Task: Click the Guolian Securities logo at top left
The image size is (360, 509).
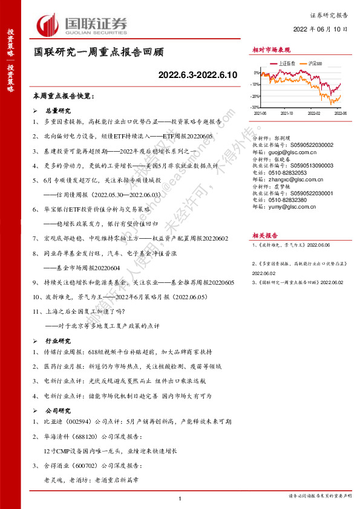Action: tap(83, 24)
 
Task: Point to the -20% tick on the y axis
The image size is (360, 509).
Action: tap(256, 97)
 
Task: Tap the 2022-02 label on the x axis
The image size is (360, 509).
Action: tap(313, 112)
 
